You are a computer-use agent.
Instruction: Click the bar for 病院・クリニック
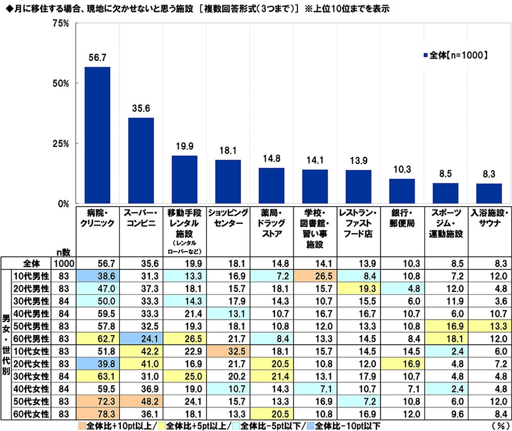[97, 135]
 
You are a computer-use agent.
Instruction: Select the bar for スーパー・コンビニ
[141, 161]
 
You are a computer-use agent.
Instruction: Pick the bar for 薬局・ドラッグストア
[271, 185]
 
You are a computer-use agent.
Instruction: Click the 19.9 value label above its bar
[184, 147]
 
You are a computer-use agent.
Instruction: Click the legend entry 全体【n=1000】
[454, 55]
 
